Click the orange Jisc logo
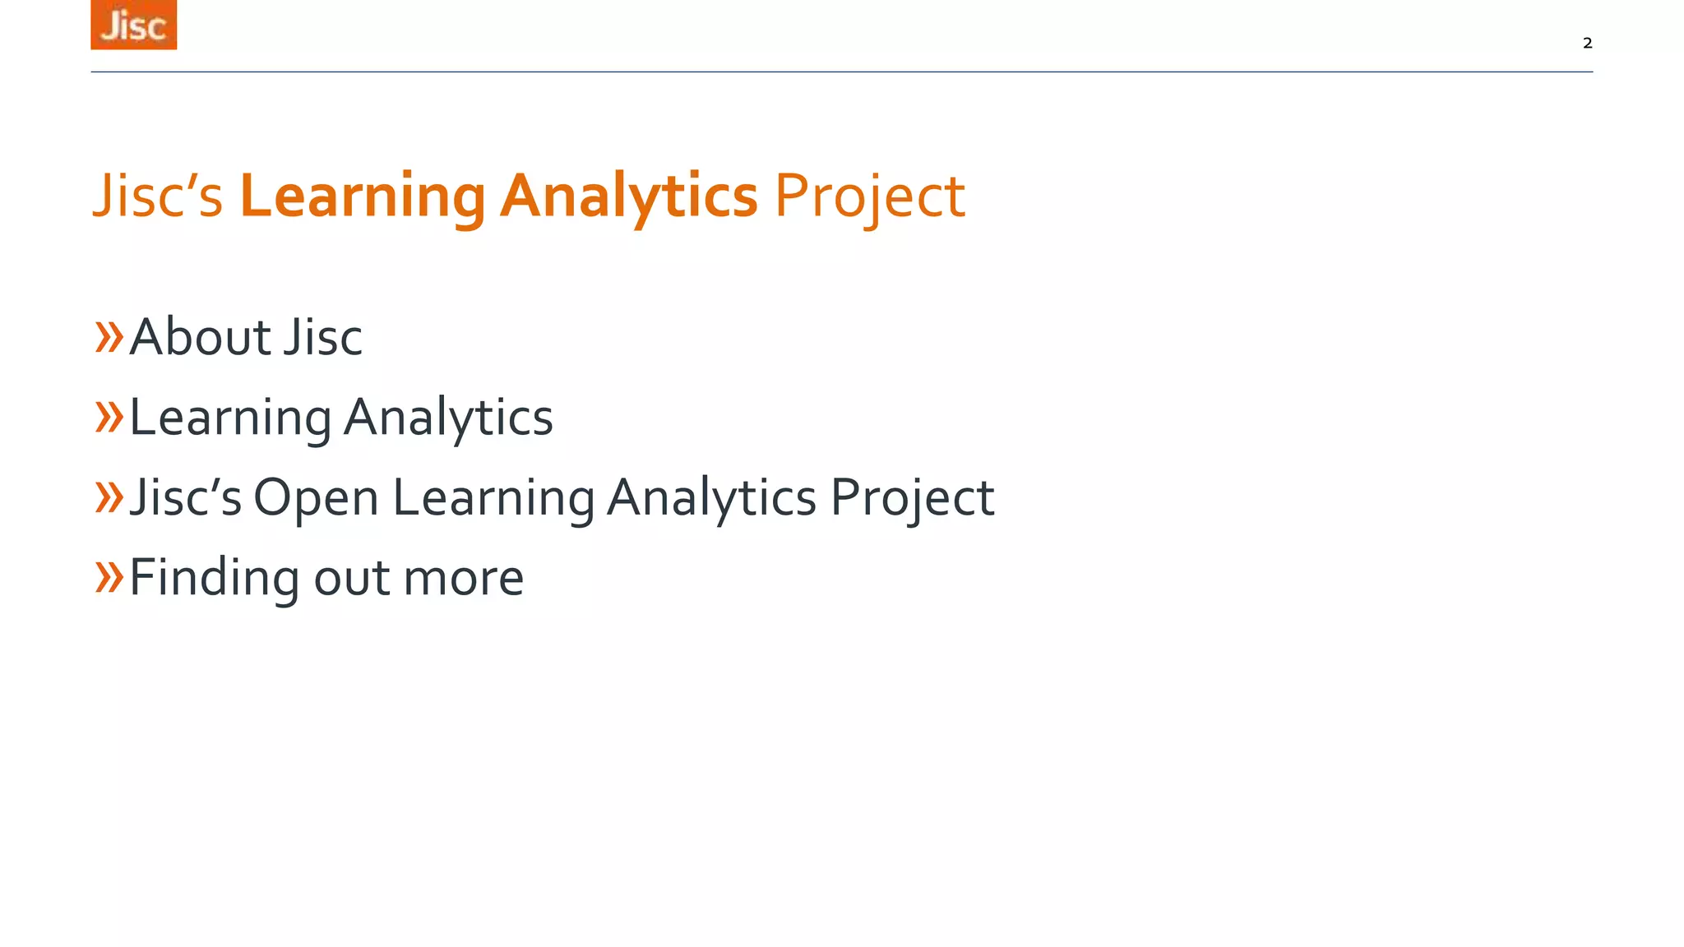[133, 25]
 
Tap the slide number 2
[1587, 43]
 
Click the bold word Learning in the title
[363, 196]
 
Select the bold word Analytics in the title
[628, 196]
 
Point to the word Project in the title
[869, 196]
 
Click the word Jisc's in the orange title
[157, 196]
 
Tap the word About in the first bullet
[200, 337]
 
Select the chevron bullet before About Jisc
[109, 337]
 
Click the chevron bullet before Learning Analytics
[109, 417]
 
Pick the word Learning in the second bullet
[230, 418]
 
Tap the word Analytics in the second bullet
[448, 418]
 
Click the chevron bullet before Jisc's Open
[109, 497]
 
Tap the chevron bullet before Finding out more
[109, 576]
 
